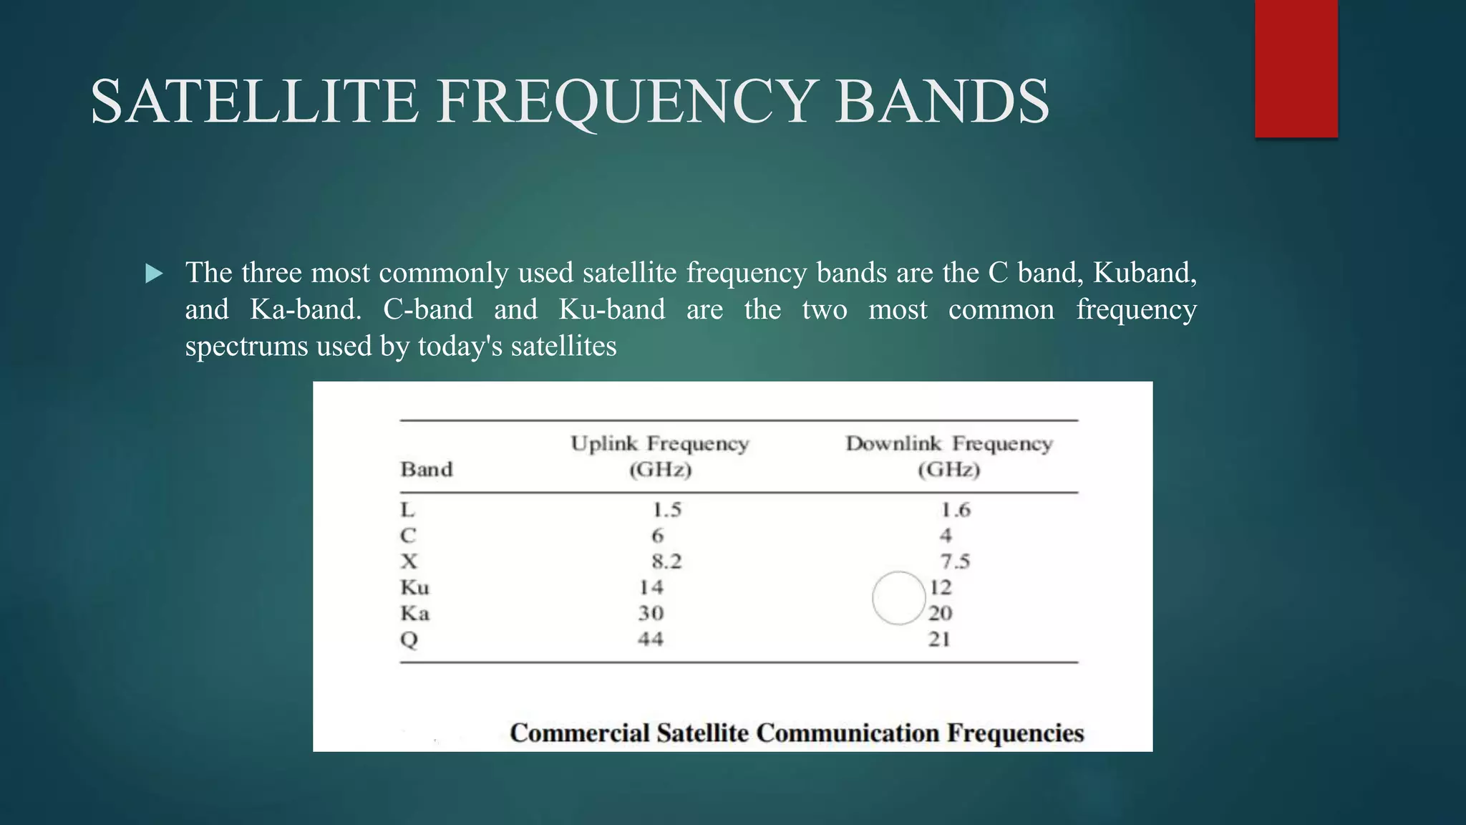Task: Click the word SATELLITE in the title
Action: tap(254, 102)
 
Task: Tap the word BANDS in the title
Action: tap(942, 102)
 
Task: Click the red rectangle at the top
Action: tap(1296, 68)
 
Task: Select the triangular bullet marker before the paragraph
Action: tap(154, 274)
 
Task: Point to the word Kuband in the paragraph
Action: tap(1144, 273)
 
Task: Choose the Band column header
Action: tap(427, 470)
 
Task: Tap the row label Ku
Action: tap(414, 588)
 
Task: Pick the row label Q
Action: tap(409, 640)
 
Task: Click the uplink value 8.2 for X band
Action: tap(666, 561)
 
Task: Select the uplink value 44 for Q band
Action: tap(651, 639)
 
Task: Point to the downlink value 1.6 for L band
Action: tap(955, 510)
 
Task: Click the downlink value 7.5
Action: tap(955, 561)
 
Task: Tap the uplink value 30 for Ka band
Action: tap(651, 613)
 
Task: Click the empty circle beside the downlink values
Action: tap(899, 598)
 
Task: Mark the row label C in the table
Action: tap(407, 536)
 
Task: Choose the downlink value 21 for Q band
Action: tap(939, 639)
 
